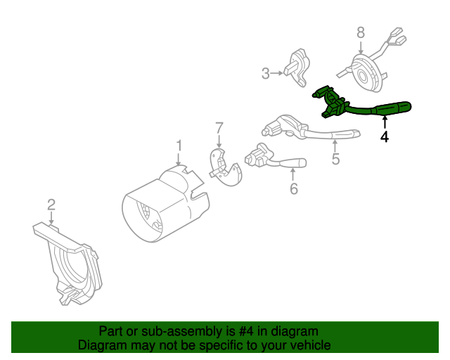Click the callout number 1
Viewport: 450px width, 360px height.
click(x=179, y=146)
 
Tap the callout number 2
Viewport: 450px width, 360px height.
click(x=51, y=205)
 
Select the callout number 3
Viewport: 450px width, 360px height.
click(x=266, y=72)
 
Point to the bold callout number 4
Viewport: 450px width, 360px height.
click(x=385, y=137)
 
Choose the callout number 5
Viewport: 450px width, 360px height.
click(x=335, y=159)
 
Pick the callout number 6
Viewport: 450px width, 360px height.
click(x=293, y=188)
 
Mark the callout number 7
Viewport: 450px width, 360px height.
click(x=219, y=127)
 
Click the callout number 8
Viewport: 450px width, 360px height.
click(x=361, y=32)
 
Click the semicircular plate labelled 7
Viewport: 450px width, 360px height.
click(x=225, y=169)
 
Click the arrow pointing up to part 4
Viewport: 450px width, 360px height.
click(x=385, y=124)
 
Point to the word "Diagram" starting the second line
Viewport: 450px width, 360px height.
click(x=102, y=345)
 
